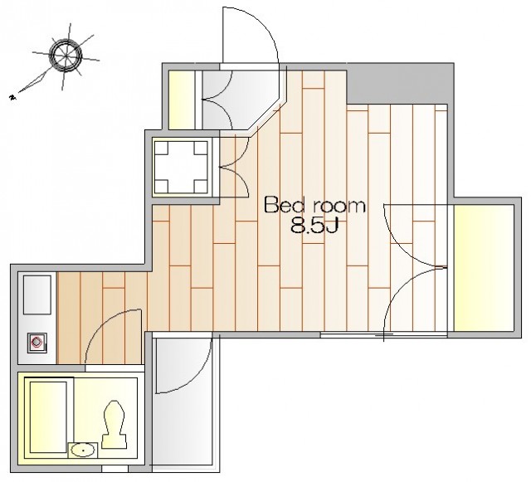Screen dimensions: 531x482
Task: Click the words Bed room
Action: point(314,205)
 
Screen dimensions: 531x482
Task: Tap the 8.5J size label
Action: point(314,226)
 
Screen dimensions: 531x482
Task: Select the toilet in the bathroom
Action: point(114,425)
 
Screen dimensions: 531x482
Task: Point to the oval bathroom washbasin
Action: point(83,450)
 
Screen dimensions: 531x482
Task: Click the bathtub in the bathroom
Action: point(48,417)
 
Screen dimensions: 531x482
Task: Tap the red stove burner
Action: point(37,343)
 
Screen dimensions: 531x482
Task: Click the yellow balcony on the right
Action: point(484,268)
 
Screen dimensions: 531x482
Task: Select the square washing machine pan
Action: point(181,167)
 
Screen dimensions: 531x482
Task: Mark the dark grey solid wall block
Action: point(400,83)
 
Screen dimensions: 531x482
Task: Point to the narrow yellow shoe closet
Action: point(182,100)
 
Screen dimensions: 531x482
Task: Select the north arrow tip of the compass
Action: point(13,98)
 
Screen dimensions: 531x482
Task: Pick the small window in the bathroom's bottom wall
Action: point(115,469)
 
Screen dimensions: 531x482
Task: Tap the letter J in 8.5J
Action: point(332,226)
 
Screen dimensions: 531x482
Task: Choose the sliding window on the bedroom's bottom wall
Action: point(383,335)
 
